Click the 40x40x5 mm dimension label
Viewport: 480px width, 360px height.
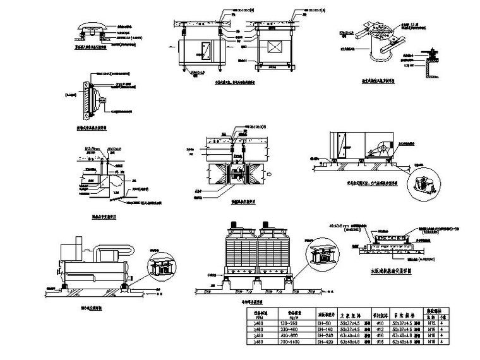pyautogui.click(x=339, y=224)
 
